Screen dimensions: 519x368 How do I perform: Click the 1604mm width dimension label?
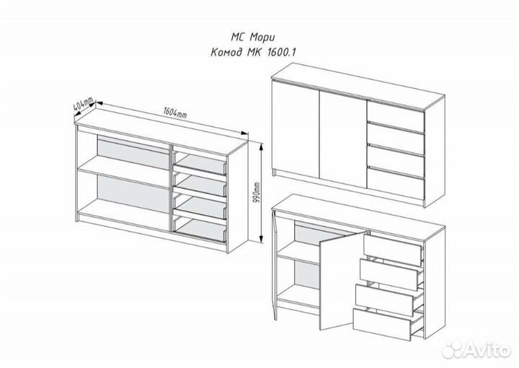tap(175, 113)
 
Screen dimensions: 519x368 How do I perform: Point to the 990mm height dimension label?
tap(257, 193)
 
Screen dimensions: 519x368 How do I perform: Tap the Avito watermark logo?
tap(477, 349)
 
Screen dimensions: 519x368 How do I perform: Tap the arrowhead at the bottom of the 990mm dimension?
tap(262, 240)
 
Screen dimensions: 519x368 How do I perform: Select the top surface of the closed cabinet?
tap(358, 85)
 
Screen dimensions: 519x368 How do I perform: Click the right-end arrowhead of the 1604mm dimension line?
tap(244, 133)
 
